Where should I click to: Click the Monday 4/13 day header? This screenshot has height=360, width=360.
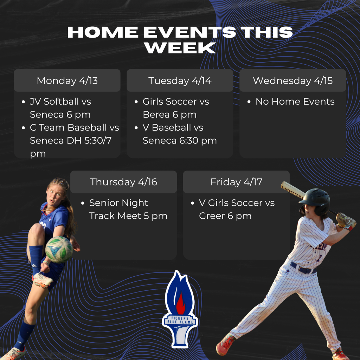pos(67,81)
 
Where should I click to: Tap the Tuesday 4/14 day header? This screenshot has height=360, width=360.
pos(180,81)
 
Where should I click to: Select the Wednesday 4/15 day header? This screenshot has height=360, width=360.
pos(292,81)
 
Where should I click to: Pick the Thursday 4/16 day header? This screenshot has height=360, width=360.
pos(123,182)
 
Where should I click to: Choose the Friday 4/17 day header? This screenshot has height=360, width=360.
pos(236,182)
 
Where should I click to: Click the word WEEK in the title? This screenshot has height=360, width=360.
pos(180,48)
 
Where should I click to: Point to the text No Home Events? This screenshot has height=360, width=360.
pos(295,102)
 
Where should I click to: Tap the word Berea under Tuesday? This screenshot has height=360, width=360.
pos(155,115)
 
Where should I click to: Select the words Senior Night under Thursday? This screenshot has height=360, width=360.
pos(118,203)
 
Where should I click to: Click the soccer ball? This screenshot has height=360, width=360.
pos(59,249)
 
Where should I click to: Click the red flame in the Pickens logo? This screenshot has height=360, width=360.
pos(180,303)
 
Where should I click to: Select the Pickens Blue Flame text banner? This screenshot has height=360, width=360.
pos(180,320)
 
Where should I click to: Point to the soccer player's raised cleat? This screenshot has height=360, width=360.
pos(43,280)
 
